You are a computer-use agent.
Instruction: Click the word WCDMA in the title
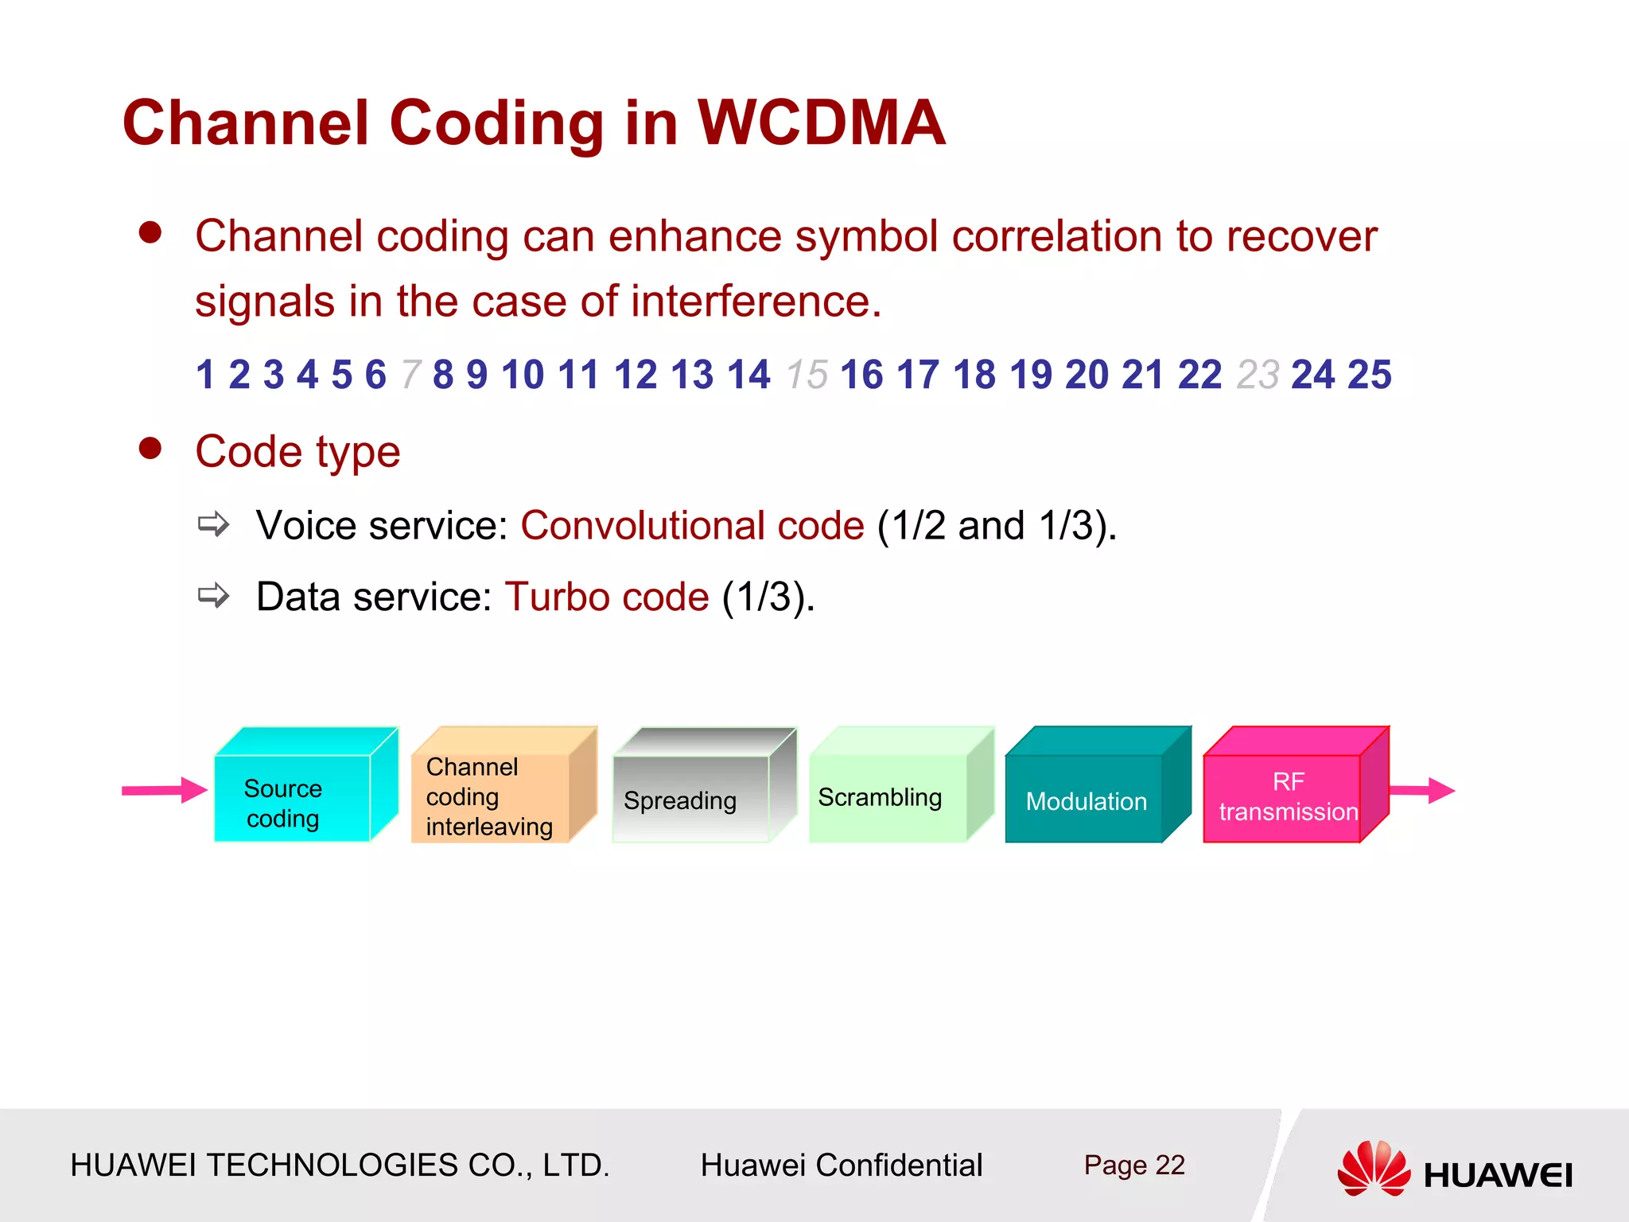822,123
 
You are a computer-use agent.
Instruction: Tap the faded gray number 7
410,375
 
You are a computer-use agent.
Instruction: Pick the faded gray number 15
807,375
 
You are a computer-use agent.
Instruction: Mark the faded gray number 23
1258,375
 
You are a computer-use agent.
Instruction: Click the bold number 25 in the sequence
1370,374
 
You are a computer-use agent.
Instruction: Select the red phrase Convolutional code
692,526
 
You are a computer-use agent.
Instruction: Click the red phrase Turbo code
607,597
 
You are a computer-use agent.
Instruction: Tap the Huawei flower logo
1374,1168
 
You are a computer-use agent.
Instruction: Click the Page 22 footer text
1133,1166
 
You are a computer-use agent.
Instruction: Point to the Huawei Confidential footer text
841,1166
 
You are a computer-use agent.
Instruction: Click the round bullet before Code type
150,448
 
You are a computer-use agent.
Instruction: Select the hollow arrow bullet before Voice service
213,524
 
